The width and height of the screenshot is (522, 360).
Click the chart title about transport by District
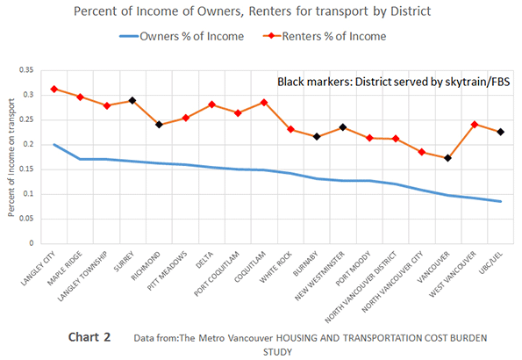click(x=252, y=11)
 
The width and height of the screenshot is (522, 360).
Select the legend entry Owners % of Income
click(x=182, y=36)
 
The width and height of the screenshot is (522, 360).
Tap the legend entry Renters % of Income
click(x=325, y=36)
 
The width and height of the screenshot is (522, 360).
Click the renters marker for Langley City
click(x=54, y=89)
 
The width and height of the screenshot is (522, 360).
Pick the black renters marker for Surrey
click(x=132, y=100)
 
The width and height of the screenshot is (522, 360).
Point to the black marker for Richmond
click(x=159, y=125)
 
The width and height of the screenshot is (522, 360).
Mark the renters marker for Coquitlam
click(x=264, y=103)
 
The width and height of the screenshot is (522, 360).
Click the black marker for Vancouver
click(x=447, y=158)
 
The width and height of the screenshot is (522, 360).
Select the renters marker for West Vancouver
click(x=475, y=125)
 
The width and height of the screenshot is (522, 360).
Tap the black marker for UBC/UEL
click(x=500, y=132)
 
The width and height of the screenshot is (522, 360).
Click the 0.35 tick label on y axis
click(x=26, y=70)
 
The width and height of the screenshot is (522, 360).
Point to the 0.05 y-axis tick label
click(x=26, y=219)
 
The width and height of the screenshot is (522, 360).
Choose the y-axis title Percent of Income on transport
click(x=11, y=157)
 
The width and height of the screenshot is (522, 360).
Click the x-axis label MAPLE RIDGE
click(x=65, y=269)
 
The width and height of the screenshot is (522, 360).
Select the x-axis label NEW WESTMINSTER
click(x=319, y=276)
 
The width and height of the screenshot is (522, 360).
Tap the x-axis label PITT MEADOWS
click(x=167, y=270)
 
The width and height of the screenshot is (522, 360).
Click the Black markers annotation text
click(x=394, y=82)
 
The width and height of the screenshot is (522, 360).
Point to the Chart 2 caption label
click(x=89, y=337)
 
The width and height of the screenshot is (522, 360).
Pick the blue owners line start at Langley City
click(x=54, y=144)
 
